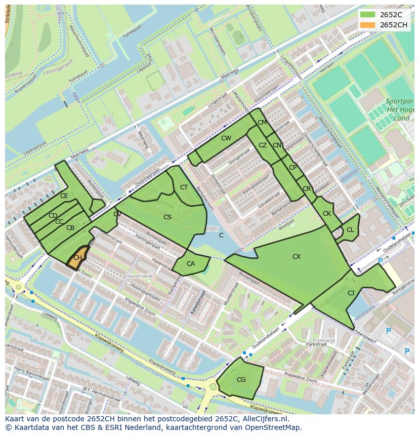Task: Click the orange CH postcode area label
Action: (x=77, y=258)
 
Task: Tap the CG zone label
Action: (x=241, y=380)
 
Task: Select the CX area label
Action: (x=297, y=257)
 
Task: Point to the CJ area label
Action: (x=351, y=293)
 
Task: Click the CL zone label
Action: (x=350, y=230)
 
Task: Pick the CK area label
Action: (x=327, y=214)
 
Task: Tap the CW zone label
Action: (x=226, y=138)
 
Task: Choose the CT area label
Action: (x=184, y=187)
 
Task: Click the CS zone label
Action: (x=167, y=217)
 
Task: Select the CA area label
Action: (x=190, y=264)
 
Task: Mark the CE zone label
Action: (x=64, y=196)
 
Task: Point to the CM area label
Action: (x=262, y=123)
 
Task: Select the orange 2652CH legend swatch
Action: (x=368, y=25)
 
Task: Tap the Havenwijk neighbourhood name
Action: (x=139, y=276)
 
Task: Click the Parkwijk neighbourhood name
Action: (x=324, y=340)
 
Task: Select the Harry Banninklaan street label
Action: (x=31, y=375)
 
